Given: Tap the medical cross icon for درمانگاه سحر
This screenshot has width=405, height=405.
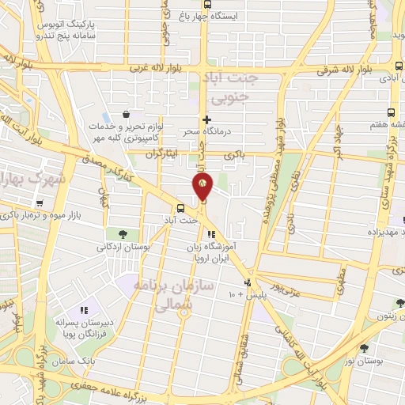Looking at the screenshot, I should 206,120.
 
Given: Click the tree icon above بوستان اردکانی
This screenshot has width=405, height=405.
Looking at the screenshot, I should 123,233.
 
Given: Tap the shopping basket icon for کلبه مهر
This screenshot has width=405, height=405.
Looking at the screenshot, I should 126,114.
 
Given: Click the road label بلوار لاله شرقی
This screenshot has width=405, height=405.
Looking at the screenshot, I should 332,68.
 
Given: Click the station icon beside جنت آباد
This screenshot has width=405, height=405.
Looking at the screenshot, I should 182,210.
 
